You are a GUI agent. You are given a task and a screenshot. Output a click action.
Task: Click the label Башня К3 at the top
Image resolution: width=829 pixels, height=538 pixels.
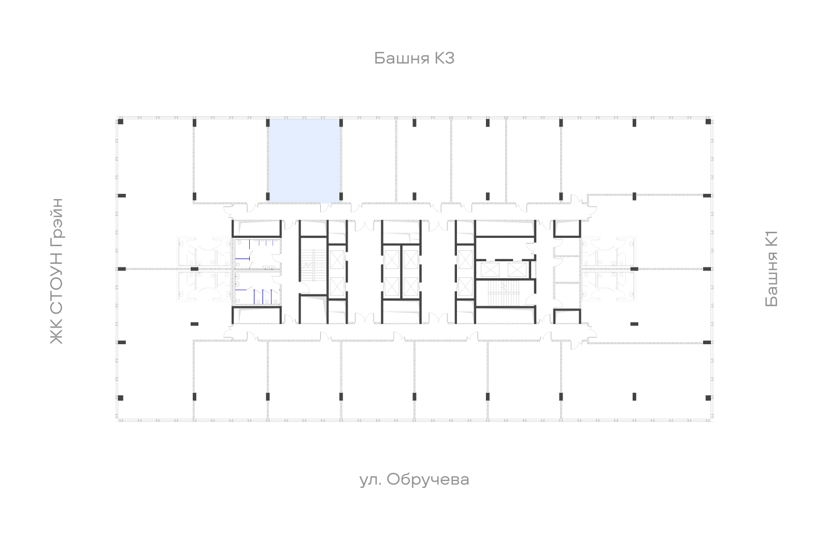click(x=414, y=58)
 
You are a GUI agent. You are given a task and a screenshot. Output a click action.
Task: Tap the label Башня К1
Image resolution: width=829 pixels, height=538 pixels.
click(x=771, y=269)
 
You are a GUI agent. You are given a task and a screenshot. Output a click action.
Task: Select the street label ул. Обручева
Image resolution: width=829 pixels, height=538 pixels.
click(x=414, y=479)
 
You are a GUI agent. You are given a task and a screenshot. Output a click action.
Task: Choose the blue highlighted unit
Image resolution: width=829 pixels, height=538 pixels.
click(x=304, y=161)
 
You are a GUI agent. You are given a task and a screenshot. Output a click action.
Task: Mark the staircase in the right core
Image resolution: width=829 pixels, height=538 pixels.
click(x=504, y=293)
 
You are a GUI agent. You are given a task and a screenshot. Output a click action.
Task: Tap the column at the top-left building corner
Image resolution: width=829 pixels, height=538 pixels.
click(x=120, y=121)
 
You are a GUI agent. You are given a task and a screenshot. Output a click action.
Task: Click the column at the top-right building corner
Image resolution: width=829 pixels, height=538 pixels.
click(x=708, y=121)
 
